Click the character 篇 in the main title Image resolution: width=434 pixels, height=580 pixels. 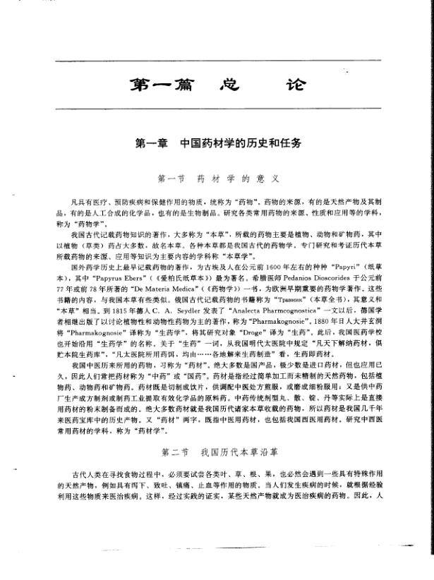pyautogui.click(x=170, y=85)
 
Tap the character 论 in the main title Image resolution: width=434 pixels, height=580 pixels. pyautogui.click(x=292, y=85)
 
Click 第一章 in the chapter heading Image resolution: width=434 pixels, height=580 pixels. pyautogui.click(x=151, y=143)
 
